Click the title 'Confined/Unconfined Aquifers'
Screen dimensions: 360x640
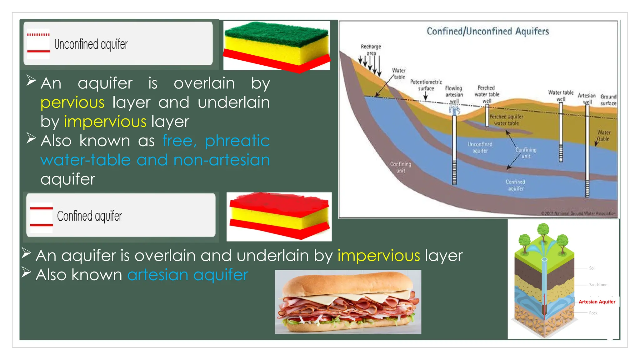click(x=487, y=31)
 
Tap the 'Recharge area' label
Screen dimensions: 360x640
click(x=371, y=50)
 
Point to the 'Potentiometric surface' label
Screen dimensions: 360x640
click(x=426, y=85)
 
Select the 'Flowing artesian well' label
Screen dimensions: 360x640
click(x=454, y=94)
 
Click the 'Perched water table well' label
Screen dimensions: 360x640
click(x=487, y=94)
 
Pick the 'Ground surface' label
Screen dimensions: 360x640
click(x=608, y=100)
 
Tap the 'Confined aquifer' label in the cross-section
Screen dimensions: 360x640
click(x=515, y=185)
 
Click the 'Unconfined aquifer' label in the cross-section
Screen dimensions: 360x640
click(x=480, y=147)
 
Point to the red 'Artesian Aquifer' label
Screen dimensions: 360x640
click(x=597, y=302)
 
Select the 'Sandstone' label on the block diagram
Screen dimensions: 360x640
click(x=598, y=285)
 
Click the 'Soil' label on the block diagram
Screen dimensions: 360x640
click(x=592, y=268)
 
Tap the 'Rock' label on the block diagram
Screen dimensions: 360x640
click(x=593, y=313)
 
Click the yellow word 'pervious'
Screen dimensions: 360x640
click(x=72, y=103)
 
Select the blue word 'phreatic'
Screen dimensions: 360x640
click(x=237, y=141)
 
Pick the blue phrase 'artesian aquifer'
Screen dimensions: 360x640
click(x=187, y=275)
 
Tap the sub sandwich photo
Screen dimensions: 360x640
click(x=348, y=302)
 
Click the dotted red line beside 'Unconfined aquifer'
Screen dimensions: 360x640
click(x=38, y=35)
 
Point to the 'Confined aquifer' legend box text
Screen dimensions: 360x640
click(x=89, y=216)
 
